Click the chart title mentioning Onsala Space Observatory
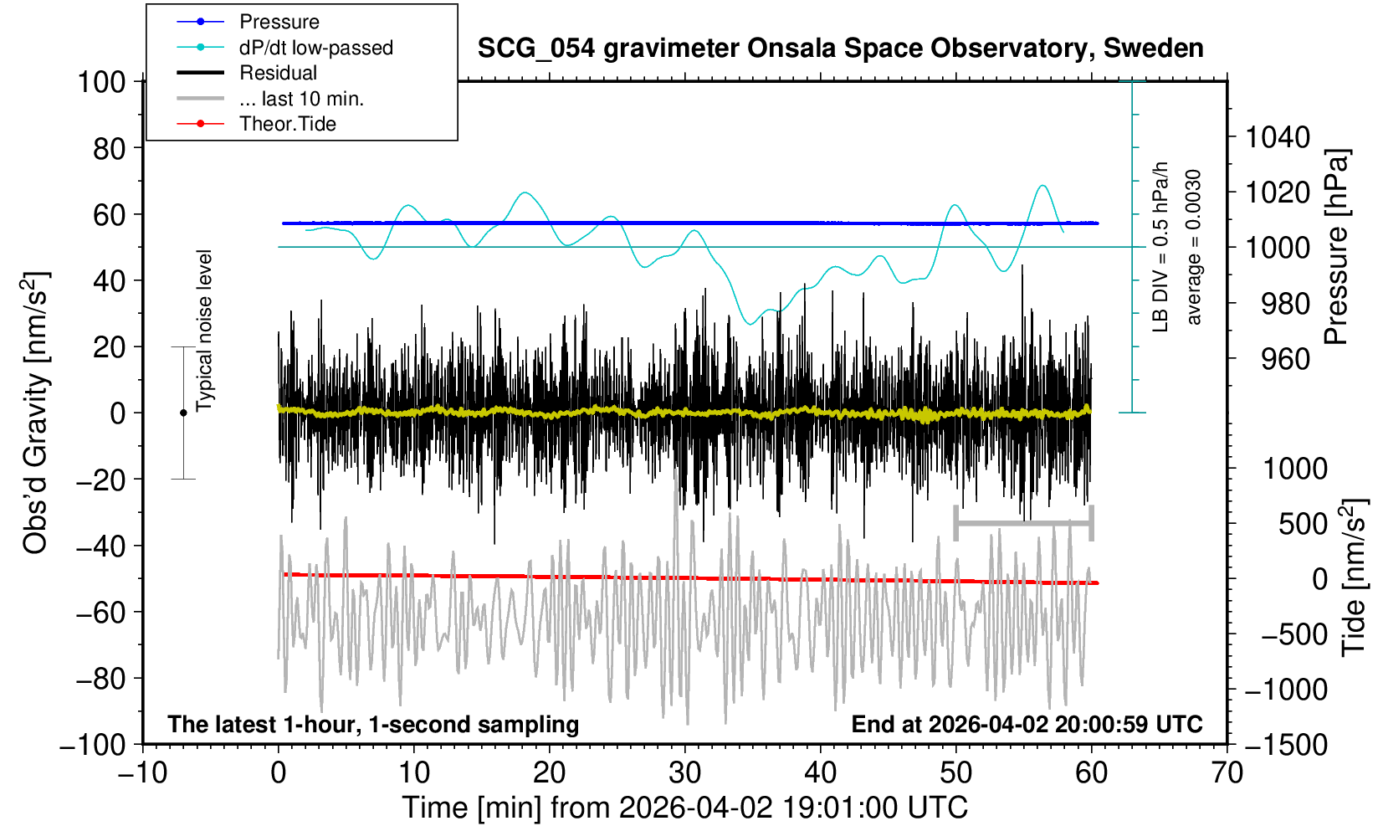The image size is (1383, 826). click(840, 49)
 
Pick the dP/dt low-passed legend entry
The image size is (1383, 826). click(315, 48)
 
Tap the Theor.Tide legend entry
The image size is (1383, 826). click(287, 124)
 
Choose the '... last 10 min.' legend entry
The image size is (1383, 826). click(301, 99)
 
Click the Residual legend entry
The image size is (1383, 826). click(278, 73)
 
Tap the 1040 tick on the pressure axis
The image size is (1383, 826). click(1278, 136)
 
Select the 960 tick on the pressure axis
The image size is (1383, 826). click(1286, 359)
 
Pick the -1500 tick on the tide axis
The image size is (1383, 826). click(1286, 744)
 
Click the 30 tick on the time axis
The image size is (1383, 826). click(684, 772)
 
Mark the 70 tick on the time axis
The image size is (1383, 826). click(1227, 772)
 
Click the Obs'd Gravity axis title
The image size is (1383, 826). click(36, 413)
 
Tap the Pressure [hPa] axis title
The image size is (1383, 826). click(1336, 247)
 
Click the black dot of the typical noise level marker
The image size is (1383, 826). click(183, 413)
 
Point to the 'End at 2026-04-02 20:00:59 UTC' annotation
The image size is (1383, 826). click(1027, 724)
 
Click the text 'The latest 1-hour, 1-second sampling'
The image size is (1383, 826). click(373, 724)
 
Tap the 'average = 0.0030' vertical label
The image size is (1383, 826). click(1194, 247)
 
